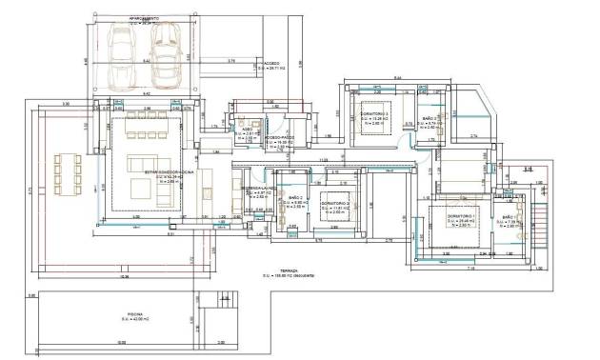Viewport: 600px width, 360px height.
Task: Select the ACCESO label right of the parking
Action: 271,65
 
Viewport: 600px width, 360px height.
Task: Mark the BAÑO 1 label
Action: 508,218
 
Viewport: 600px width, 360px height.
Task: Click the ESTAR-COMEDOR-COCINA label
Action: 168,172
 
